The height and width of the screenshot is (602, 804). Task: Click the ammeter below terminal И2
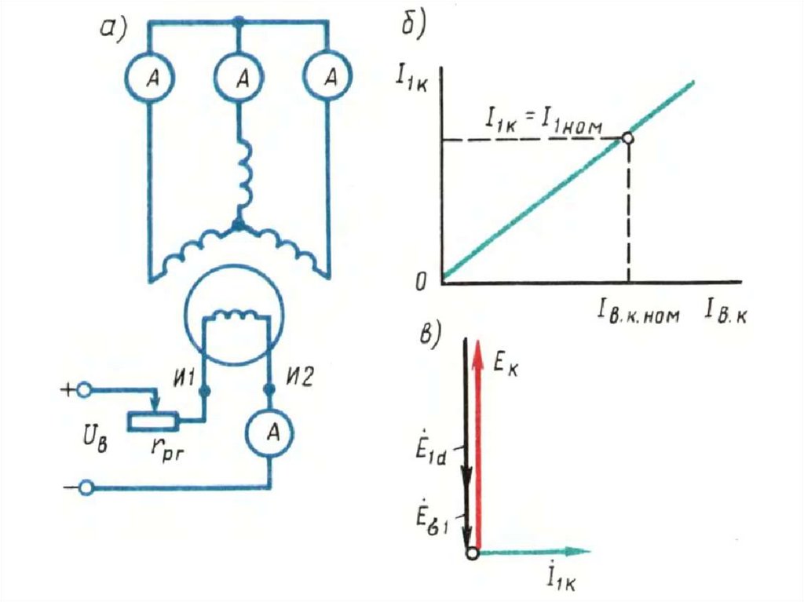[x=269, y=434]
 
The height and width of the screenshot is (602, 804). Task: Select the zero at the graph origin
[x=421, y=280]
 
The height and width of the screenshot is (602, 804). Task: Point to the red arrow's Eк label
[x=506, y=364]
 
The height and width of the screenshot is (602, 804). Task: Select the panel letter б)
[x=414, y=24]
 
